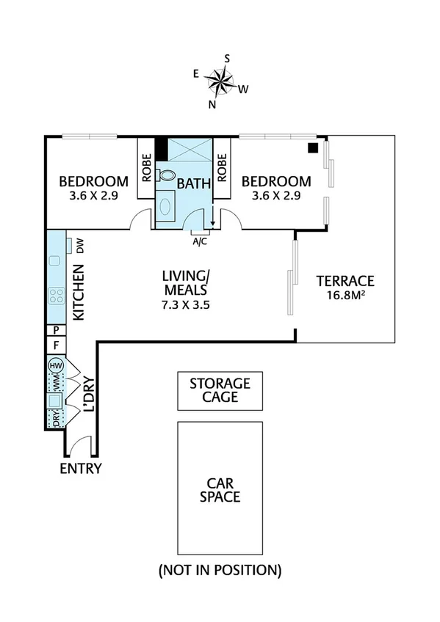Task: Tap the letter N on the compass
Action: [212, 104]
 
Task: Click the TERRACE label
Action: [345, 280]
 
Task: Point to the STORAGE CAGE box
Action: [220, 390]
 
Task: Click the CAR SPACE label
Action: [220, 489]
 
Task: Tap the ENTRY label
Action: [81, 469]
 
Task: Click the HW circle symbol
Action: [54, 365]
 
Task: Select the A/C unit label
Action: [199, 240]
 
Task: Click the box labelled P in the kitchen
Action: [55, 330]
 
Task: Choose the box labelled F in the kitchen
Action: [55, 344]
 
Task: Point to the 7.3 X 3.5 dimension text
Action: [187, 305]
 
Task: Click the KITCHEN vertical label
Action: [79, 293]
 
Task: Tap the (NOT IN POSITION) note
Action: [220, 569]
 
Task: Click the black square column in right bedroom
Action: [312, 147]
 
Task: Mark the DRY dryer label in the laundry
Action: [54, 417]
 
